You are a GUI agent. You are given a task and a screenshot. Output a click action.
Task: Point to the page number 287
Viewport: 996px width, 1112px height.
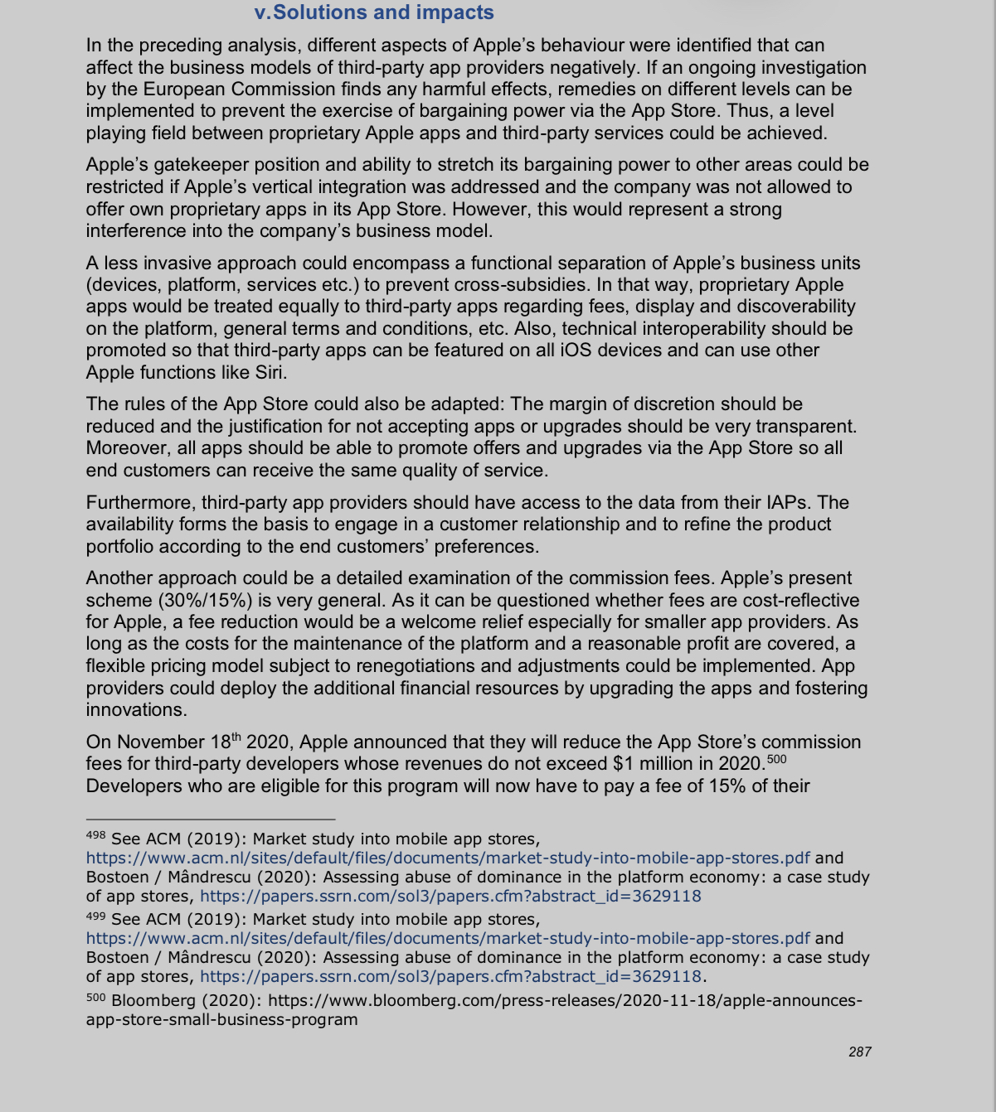tap(860, 1052)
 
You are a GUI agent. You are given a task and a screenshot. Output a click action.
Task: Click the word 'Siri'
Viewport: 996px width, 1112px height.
tap(270, 373)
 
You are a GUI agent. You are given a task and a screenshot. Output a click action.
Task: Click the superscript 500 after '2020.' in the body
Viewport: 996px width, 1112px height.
tap(777, 759)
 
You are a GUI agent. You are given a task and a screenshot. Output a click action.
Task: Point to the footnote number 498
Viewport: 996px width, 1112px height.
tap(96, 836)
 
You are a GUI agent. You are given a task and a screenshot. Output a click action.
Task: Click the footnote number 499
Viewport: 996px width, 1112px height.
tap(96, 916)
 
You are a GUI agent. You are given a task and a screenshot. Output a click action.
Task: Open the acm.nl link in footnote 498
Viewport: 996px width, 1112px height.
tap(448, 858)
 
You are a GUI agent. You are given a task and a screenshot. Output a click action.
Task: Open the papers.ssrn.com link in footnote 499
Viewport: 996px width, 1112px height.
tap(450, 977)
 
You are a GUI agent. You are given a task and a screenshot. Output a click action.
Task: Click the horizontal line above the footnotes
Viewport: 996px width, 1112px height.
tap(211, 819)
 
